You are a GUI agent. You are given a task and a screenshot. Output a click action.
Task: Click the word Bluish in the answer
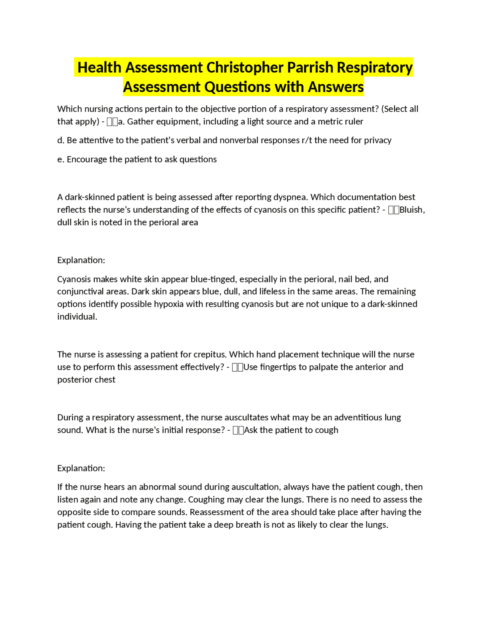[x=411, y=210]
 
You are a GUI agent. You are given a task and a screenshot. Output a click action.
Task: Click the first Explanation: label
[x=81, y=260]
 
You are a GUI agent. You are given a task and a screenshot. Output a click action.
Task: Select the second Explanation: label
[x=81, y=468]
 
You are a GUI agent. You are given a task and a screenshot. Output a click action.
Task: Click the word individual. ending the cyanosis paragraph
[x=77, y=317]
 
